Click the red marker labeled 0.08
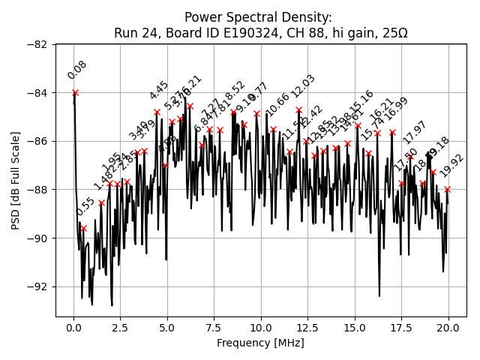[x=75, y=92]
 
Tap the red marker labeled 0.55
[x=83, y=228]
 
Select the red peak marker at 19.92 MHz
[x=447, y=189]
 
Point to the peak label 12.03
[x=304, y=86]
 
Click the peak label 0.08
[x=77, y=70]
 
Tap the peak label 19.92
[x=452, y=166]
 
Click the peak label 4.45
[x=159, y=90]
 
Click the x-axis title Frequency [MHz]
[x=260, y=343]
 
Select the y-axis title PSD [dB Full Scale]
[x=15, y=180]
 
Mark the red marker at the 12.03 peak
[x=298, y=109]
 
